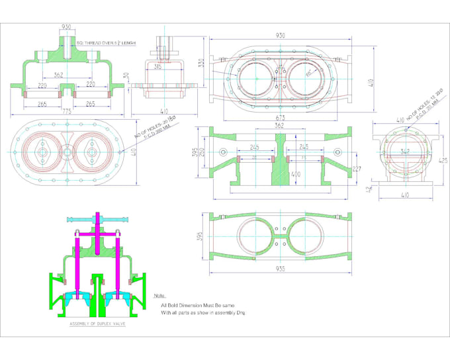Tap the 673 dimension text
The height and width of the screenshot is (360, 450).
coord(281,117)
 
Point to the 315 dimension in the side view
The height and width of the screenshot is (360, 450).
coord(157,66)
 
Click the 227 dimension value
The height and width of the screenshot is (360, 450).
coord(357,168)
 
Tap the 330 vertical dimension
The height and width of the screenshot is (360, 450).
coord(201,64)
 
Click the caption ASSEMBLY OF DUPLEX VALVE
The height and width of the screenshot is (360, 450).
coord(98,324)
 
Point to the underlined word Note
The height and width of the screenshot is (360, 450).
coord(159,296)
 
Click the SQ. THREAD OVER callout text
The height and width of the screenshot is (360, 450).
coord(106,43)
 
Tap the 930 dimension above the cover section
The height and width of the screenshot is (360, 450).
coord(66,27)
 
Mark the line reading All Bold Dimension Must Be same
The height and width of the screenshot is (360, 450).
coord(197,305)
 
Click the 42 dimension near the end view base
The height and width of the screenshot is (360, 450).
coord(368,190)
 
